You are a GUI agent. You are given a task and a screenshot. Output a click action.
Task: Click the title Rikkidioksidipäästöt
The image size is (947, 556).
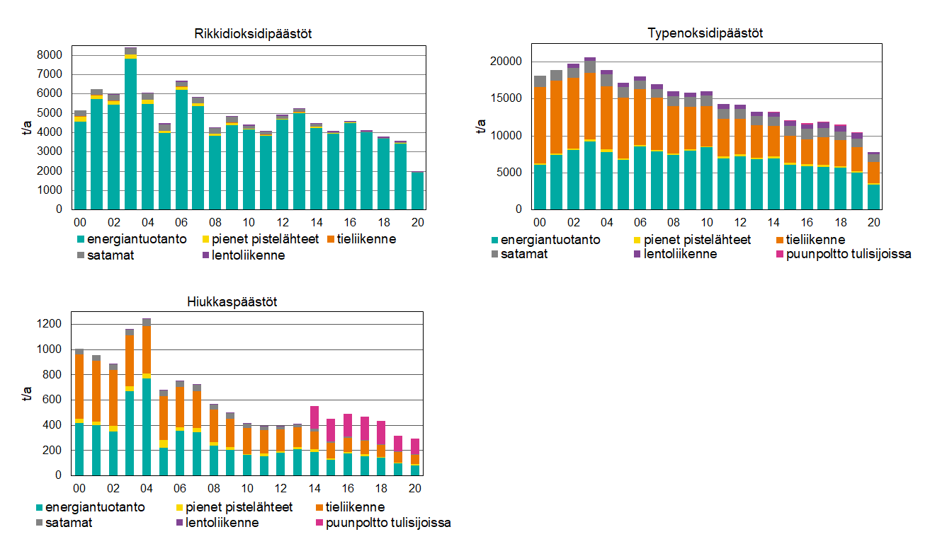pyautogui.click(x=253, y=33)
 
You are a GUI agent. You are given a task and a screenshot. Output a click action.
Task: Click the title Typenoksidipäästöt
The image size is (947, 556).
pyautogui.click(x=705, y=33)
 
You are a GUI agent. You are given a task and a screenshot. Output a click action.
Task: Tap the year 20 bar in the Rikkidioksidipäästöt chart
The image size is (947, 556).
pyautogui.click(x=417, y=190)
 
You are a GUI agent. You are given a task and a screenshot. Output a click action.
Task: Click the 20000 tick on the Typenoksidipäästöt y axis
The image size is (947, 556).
pyautogui.click(x=506, y=62)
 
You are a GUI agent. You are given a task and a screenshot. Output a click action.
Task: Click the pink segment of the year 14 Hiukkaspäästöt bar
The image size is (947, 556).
pyautogui.click(x=314, y=417)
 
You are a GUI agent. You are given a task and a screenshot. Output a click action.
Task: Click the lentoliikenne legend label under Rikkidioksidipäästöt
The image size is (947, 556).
pyautogui.click(x=248, y=255)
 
